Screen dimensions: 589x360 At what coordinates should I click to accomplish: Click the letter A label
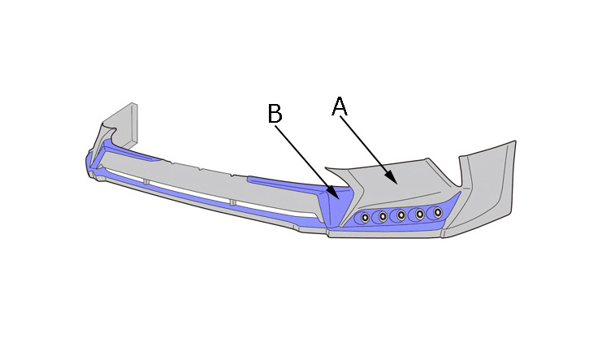click(x=340, y=106)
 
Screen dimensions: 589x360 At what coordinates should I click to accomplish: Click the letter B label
click(x=275, y=113)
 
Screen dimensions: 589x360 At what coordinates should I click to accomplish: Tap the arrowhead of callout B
click(x=333, y=192)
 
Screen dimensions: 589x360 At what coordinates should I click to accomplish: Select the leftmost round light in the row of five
click(x=365, y=217)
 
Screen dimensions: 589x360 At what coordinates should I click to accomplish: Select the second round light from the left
click(x=383, y=216)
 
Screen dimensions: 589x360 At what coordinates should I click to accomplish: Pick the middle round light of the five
click(x=401, y=215)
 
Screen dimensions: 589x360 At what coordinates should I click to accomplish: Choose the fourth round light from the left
click(x=419, y=214)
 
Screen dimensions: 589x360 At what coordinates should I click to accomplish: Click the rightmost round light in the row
click(x=438, y=212)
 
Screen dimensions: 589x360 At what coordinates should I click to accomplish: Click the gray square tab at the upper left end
click(x=122, y=124)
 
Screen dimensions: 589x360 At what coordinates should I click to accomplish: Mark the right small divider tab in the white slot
click(x=233, y=202)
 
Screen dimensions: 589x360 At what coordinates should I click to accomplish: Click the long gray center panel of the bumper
click(x=210, y=184)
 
